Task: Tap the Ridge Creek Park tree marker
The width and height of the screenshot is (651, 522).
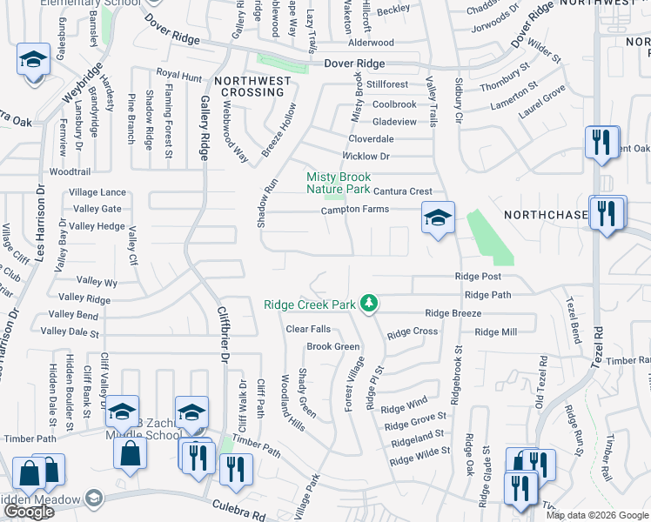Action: [x=371, y=304]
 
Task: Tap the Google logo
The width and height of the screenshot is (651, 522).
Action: [x=29, y=512]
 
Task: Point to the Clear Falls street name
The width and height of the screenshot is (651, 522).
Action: [x=309, y=329]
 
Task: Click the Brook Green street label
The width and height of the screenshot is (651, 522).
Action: [x=332, y=346]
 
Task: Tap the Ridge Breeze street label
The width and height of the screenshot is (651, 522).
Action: [x=453, y=313]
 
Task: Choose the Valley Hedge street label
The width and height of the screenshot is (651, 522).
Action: [x=97, y=226]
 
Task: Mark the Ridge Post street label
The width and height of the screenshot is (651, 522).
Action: [x=478, y=277]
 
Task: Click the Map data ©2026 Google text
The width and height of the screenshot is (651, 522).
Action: [x=596, y=515]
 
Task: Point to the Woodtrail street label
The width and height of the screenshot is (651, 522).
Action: [x=70, y=172]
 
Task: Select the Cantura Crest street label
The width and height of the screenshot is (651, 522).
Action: [x=402, y=191]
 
